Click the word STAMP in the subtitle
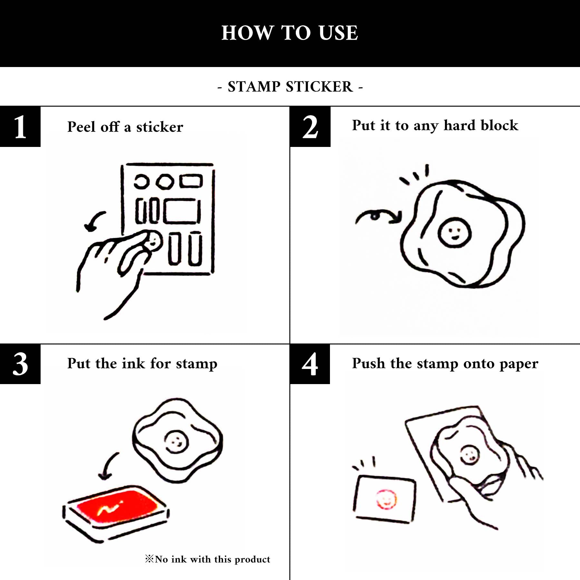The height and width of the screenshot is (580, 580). click(254, 87)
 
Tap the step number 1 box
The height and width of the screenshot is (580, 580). click(20, 127)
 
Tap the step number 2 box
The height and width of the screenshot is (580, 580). click(310, 127)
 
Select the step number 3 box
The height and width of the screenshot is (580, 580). click(20, 364)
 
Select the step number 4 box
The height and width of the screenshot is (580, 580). click(310, 364)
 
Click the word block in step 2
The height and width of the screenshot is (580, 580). click(499, 125)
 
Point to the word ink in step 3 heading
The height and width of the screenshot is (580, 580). click(133, 363)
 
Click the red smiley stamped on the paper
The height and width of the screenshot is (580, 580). click(386, 499)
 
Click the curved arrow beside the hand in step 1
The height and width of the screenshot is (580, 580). click(94, 221)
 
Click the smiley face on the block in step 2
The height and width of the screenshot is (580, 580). click(454, 232)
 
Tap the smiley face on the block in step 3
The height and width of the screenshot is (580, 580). click(176, 441)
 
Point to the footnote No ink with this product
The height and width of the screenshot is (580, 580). click(208, 559)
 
